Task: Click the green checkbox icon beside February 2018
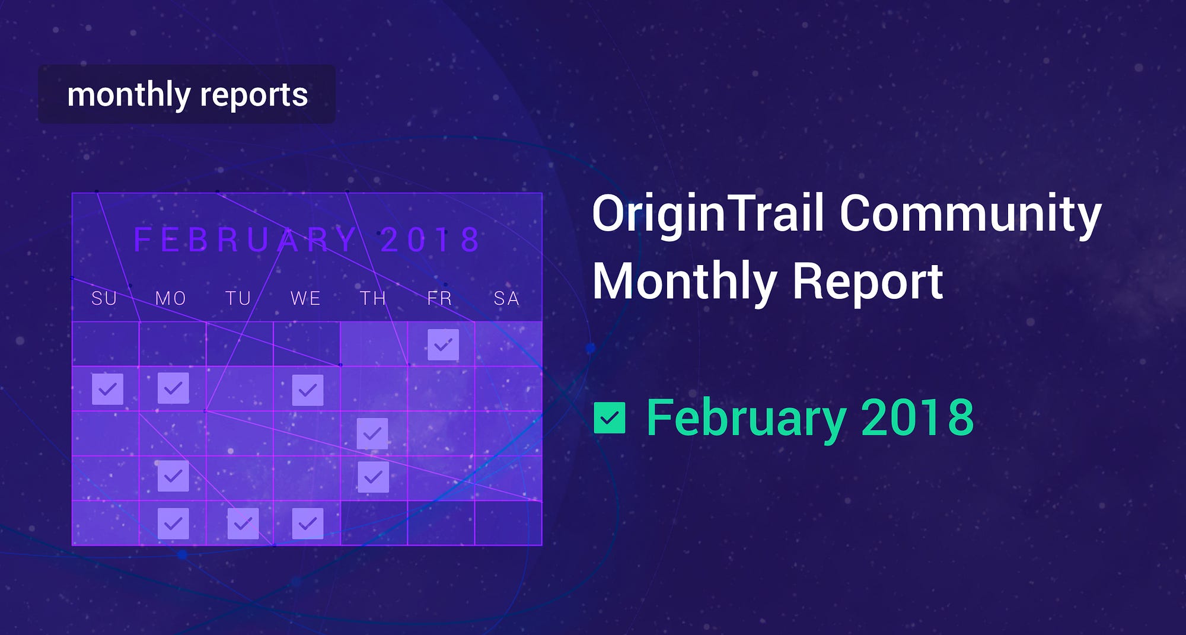click(610, 418)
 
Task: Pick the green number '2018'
click(917, 417)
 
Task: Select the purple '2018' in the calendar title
click(430, 240)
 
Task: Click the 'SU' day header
click(104, 298)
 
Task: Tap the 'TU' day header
click(238, 298)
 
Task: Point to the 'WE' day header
click(305, 298)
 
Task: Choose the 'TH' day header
click(373, 298)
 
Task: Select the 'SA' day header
click(506, 298)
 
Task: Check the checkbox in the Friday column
click(443, 344)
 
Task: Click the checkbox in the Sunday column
click(107, 389)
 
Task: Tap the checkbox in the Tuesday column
click(243, 524)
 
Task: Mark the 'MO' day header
click(171, 298)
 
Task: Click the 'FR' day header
click(439, 298)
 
